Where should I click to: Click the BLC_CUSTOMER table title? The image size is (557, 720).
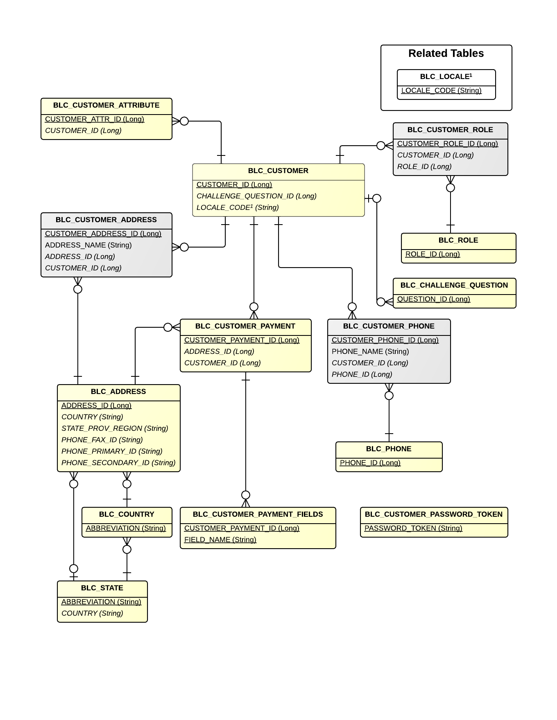278,171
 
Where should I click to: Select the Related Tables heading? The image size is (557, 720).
446,54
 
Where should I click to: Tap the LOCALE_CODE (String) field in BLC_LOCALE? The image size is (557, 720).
441,91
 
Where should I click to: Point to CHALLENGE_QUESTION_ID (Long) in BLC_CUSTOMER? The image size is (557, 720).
256,196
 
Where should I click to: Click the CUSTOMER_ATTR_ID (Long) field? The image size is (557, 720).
95,119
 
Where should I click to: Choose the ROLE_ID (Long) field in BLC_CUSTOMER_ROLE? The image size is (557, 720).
424,167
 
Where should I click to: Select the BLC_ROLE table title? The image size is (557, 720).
458,241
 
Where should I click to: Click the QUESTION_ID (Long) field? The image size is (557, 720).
433,299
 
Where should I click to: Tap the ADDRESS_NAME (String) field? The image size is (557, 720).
88,245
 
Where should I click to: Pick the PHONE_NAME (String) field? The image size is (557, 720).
370,352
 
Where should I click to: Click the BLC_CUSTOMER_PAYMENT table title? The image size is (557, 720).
245,326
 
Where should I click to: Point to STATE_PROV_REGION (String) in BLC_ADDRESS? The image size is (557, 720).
115,429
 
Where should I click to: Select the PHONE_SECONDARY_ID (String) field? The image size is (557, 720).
118,463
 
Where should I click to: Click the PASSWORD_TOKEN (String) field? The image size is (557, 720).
413,529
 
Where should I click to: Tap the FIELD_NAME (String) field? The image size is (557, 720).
220,540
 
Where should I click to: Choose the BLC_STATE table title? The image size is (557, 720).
102,588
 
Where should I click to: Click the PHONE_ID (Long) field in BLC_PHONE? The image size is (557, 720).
370,463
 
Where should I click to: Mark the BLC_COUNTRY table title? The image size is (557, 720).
127,515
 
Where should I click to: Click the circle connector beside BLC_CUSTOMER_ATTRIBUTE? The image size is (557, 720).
184,121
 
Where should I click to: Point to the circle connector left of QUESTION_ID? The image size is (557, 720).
381,302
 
